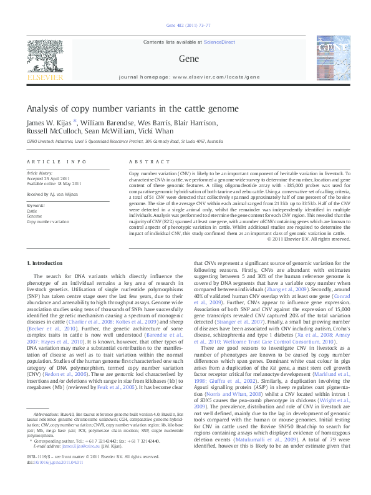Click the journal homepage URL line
185,77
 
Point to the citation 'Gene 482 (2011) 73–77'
185,25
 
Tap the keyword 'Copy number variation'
48,221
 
